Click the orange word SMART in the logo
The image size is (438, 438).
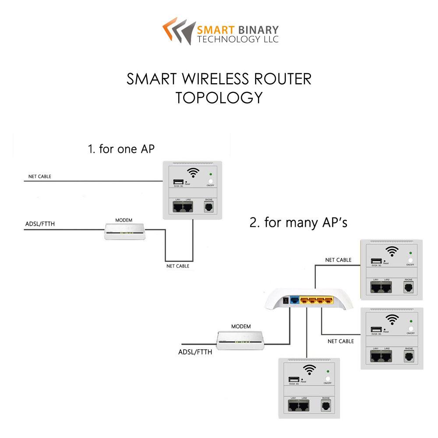click(215, 30)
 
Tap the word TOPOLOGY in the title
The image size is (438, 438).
click(219, 97)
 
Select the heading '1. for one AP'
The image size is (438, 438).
click(121, 149)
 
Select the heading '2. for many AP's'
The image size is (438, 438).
click(298, 223)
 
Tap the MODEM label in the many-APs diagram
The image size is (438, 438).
click(241, 326)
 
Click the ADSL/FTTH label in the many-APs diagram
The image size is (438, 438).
click(195, 352)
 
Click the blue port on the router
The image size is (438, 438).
click(294, 300)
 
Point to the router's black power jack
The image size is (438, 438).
click(286, 301)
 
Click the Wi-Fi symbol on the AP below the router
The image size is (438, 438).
click(310, 369)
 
